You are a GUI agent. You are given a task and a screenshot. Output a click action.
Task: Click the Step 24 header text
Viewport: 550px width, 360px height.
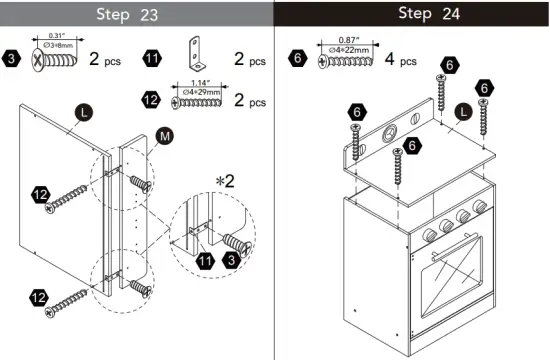pos(413,14)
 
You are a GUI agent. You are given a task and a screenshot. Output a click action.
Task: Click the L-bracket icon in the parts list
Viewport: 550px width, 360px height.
pos(197,51)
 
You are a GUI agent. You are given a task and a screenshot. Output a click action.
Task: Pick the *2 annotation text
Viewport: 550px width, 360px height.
pos(225,180)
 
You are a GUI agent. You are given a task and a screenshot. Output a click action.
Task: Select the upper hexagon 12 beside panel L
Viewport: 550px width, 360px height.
pos(39,194)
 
